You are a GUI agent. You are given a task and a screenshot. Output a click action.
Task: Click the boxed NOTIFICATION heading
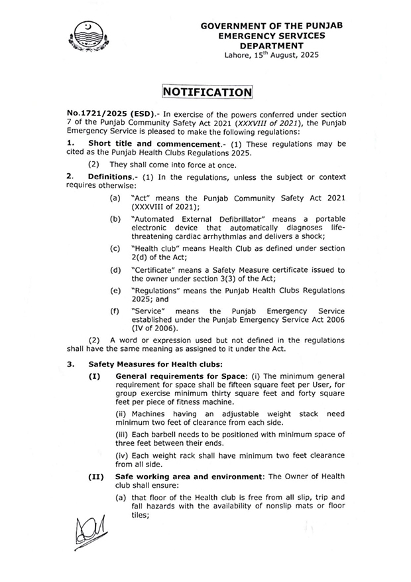205,92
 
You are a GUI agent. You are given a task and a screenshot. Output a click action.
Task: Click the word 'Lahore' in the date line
238,57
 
